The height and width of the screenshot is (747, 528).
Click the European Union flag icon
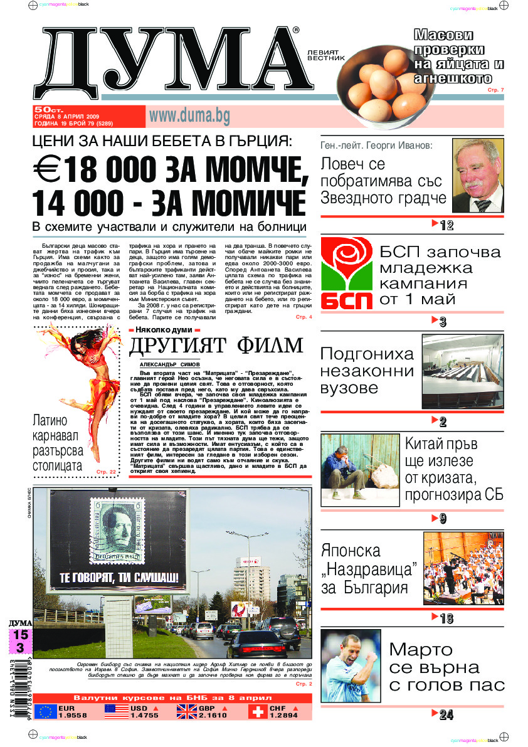(45, 711)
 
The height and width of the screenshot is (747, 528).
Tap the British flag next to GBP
(186, 711)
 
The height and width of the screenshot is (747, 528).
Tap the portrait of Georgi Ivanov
(478, 176)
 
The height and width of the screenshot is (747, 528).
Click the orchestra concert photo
(463, 568)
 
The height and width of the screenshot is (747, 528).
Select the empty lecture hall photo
(462, 370)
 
